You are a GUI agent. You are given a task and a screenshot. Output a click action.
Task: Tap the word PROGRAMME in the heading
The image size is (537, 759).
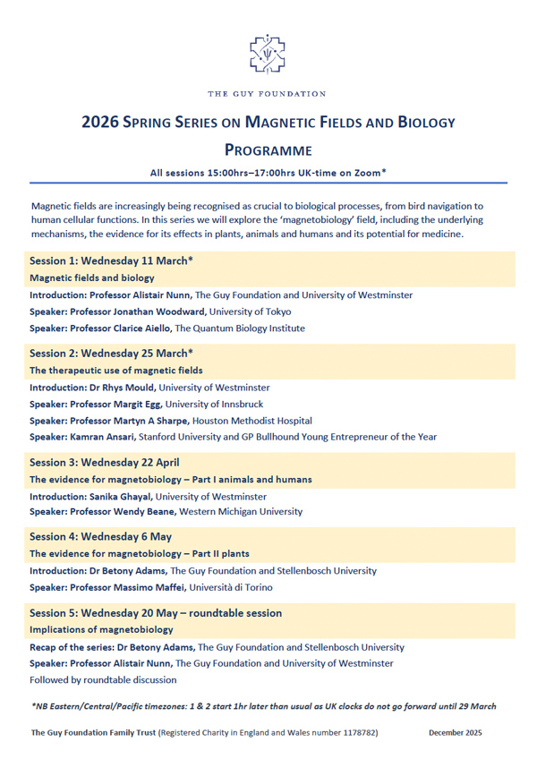(x=268, y=149)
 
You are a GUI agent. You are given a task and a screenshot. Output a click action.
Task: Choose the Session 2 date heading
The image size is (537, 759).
(x=111, y=354)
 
